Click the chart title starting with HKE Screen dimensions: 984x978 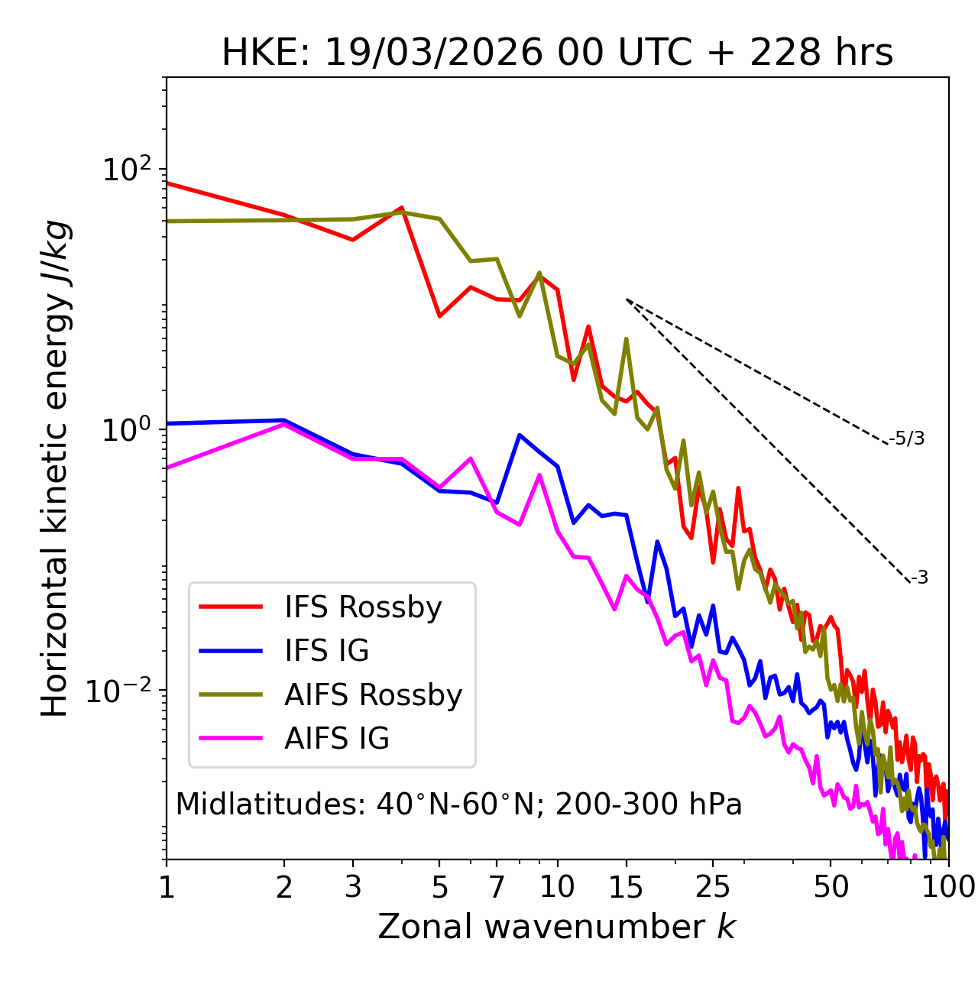pos(557,53)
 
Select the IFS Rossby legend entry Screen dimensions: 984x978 pos(363,607)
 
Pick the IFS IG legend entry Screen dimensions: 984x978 pos(326,651)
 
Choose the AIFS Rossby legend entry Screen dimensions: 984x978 pos(373,695)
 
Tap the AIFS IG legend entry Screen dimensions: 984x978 pos(337,739)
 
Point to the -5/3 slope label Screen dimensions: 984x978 pos(907,439)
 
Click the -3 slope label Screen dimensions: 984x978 pos(919,578)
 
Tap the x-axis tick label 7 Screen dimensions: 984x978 pos(497,887)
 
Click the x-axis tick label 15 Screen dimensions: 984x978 pos(626,887)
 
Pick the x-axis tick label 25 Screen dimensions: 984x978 pos(713,887)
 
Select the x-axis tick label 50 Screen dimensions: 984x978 pos(831,887)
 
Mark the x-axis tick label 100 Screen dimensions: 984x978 pos(948,887)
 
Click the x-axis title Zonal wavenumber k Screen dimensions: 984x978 pos(557,927)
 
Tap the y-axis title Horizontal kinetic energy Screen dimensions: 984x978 pos(55,468)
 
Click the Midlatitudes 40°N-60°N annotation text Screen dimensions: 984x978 pos(458,804)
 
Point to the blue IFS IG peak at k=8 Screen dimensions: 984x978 pos(520,435)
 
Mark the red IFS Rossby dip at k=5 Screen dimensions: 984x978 pos(439,316)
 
